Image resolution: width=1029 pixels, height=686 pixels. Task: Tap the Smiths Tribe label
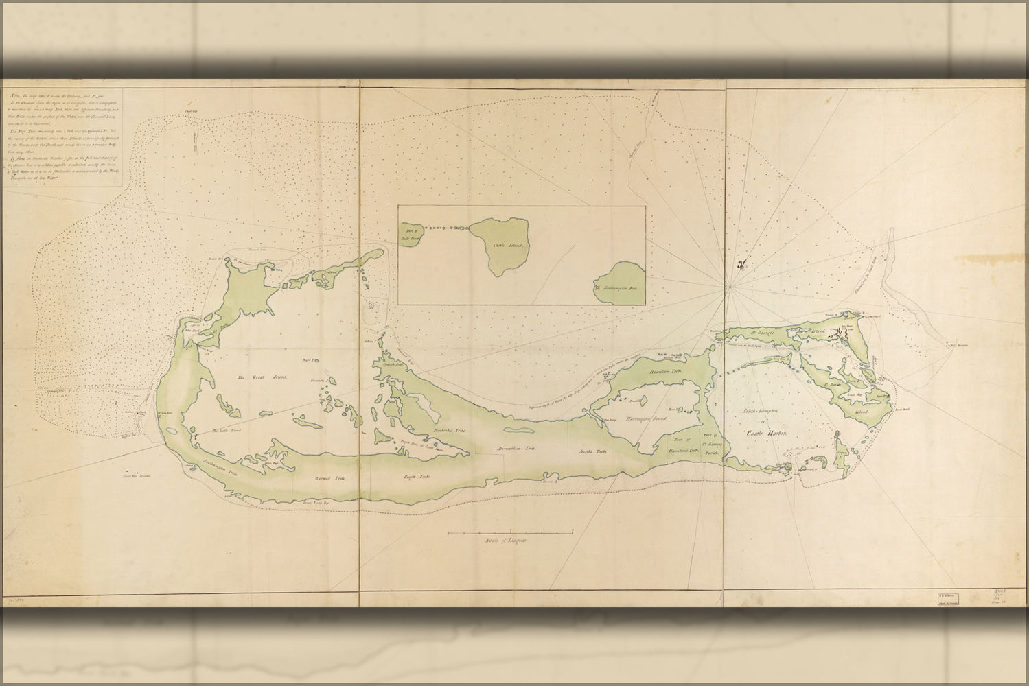click(x=592, y=451)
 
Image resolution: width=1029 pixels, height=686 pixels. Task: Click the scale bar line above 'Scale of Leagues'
click(x=511, y=532)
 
